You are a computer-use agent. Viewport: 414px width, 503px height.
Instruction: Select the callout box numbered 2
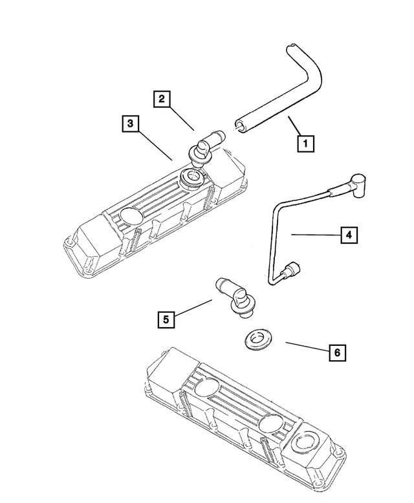[162, 99]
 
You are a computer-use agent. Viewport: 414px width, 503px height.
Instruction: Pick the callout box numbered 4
[349, 236]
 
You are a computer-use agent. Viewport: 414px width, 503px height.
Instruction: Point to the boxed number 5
[166, 318]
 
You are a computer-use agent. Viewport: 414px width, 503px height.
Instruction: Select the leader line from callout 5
[195, 308]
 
